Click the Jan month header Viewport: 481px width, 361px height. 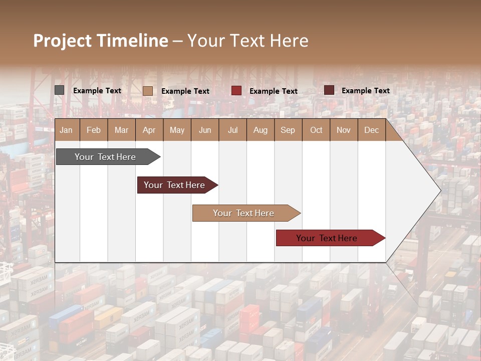pos(67,130)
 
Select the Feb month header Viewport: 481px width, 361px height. pos(94,130)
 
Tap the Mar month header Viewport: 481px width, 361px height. pos(121,130)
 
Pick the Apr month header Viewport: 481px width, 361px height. pos(149,130)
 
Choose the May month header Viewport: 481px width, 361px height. pos(177,130)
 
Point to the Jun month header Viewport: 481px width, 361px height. pos(205,130)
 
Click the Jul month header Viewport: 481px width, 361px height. pos(232,130)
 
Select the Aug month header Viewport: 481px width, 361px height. pos(261,130)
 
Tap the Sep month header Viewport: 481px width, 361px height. pos(288,130)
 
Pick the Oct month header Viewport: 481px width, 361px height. pos(316,130)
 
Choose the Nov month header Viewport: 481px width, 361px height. pos(344,130)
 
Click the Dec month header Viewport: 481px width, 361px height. pos(372,130)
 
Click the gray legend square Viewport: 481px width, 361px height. pos(60,90)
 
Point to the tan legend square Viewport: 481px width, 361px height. pos(148,91)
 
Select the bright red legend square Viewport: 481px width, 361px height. pos(236,91)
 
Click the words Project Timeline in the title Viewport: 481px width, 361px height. pos(101,41)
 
